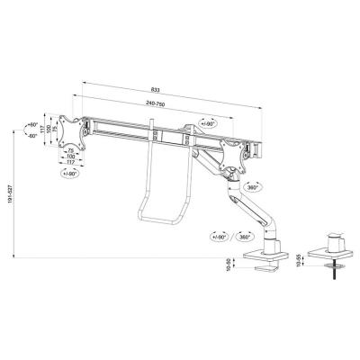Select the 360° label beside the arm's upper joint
click(253, 187)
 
